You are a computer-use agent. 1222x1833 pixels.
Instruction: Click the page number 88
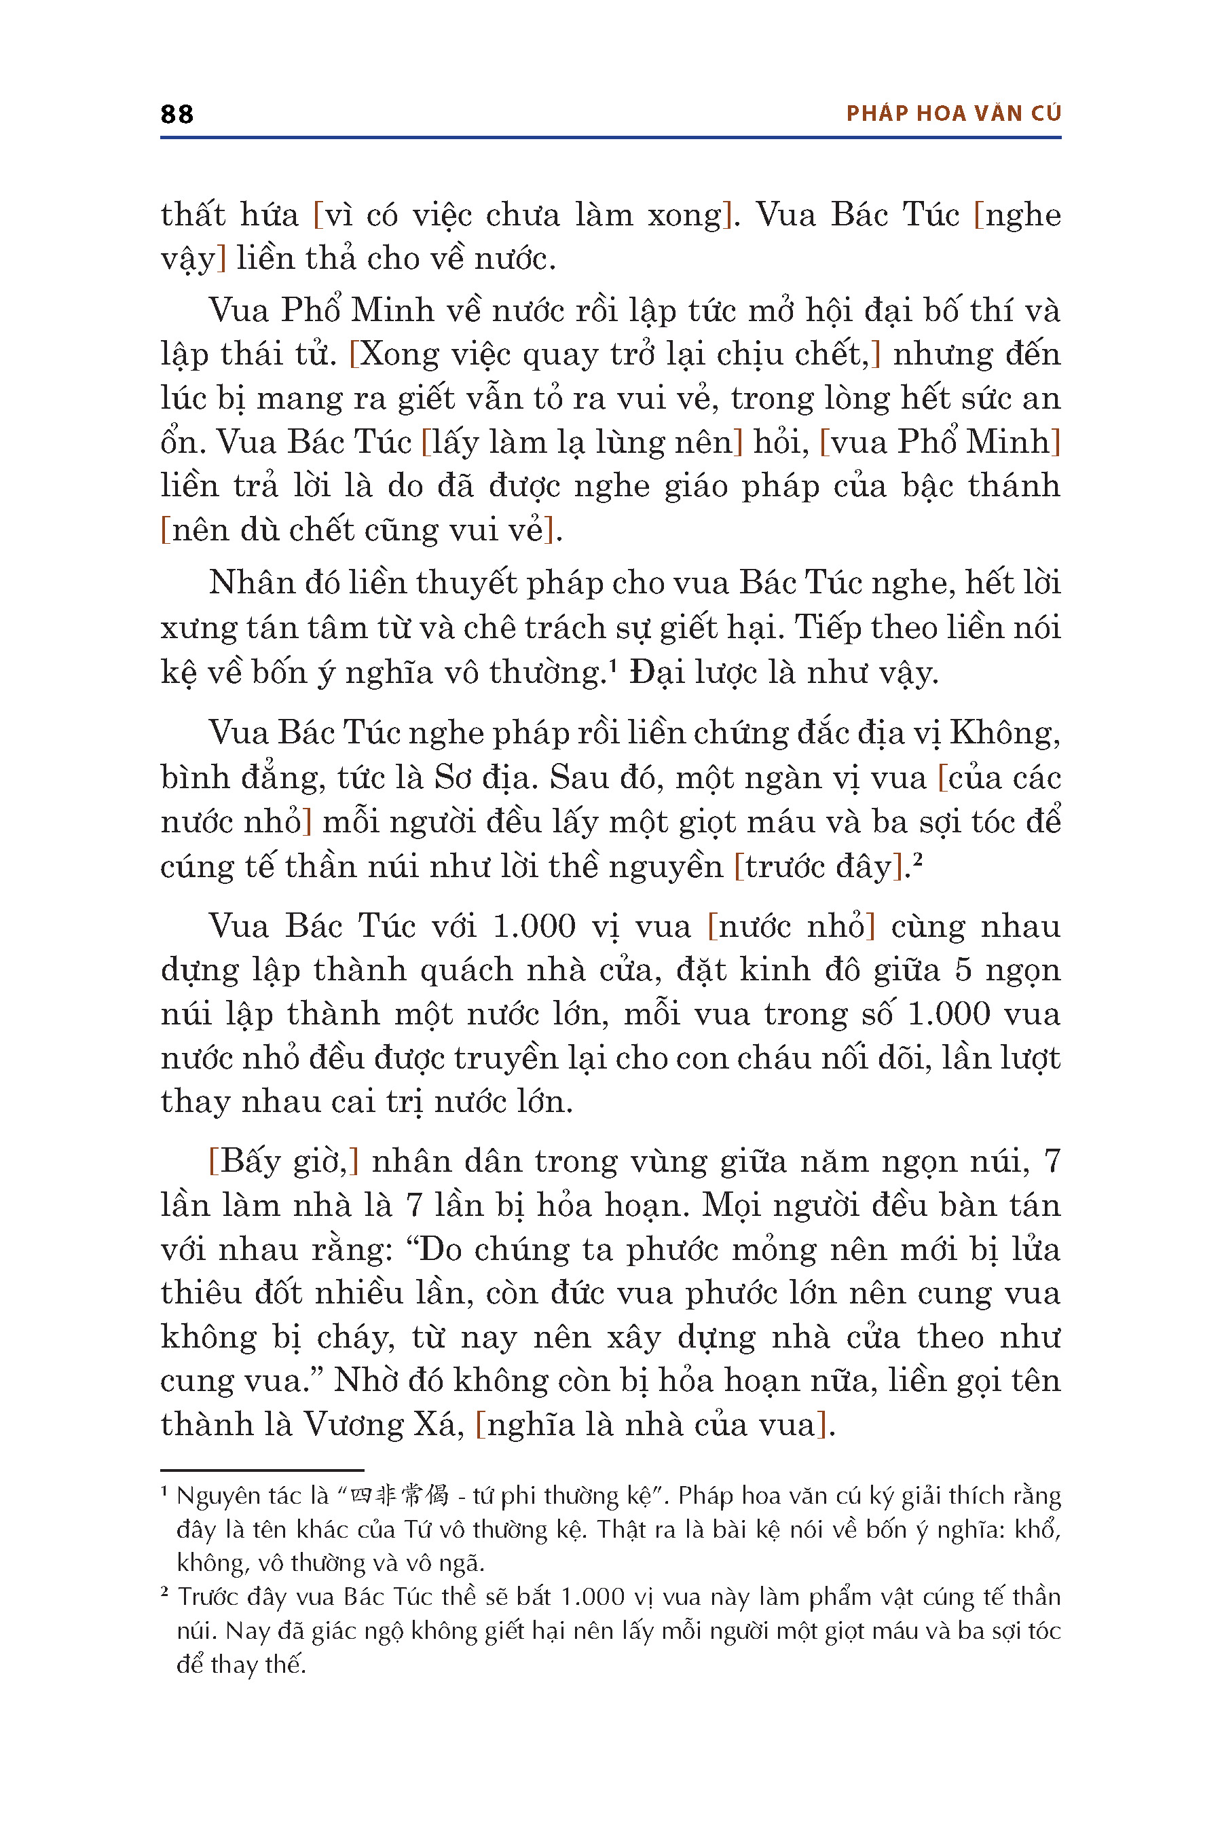177,115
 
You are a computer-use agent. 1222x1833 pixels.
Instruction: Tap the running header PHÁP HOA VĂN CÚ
953,114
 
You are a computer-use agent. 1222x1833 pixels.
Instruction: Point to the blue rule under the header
610,138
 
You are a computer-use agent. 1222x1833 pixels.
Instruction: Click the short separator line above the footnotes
262,1470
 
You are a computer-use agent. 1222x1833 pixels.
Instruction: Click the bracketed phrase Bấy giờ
284,1161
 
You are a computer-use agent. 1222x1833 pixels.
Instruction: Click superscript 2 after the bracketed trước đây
917,859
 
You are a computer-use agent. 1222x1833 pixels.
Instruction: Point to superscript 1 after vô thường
612,665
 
